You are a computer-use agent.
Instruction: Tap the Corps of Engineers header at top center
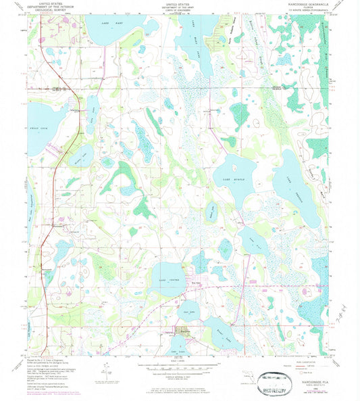tap(180, 8)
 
